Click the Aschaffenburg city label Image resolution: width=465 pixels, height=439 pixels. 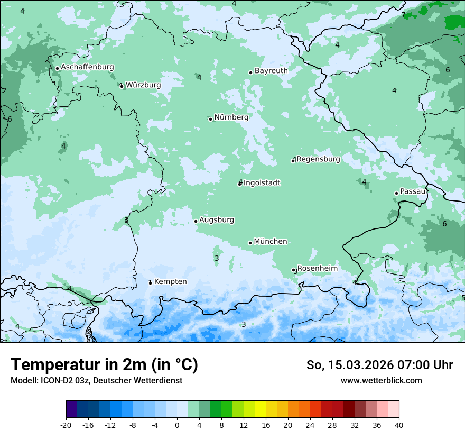pos(87,67)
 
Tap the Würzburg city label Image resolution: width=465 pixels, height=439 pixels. pos(143,85)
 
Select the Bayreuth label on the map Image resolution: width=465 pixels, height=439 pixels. pos(271,71)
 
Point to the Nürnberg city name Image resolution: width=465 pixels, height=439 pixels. pos(231,117)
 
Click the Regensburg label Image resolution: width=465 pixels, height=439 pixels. pos(318,159)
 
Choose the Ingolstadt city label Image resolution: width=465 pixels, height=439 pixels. pos(262,183)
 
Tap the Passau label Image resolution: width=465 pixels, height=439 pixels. pos(413,191)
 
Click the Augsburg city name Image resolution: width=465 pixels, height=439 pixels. pos(217,220)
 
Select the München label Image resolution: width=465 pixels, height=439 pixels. pos(271,242)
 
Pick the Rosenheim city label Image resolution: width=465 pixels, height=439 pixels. pos(317,269)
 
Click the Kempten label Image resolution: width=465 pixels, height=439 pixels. pos(170,282)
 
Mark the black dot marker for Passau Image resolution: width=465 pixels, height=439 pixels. pos(396,193)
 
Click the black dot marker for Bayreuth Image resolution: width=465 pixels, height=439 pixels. pos(250,72)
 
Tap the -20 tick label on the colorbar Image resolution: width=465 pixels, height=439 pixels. pos(66,425)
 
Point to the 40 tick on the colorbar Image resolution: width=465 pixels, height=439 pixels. pos(398,425)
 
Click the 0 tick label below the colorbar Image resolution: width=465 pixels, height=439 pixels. pos(177,425)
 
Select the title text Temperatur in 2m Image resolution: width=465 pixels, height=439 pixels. pos(104,365)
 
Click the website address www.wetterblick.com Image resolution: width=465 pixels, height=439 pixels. pos(381,381)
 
